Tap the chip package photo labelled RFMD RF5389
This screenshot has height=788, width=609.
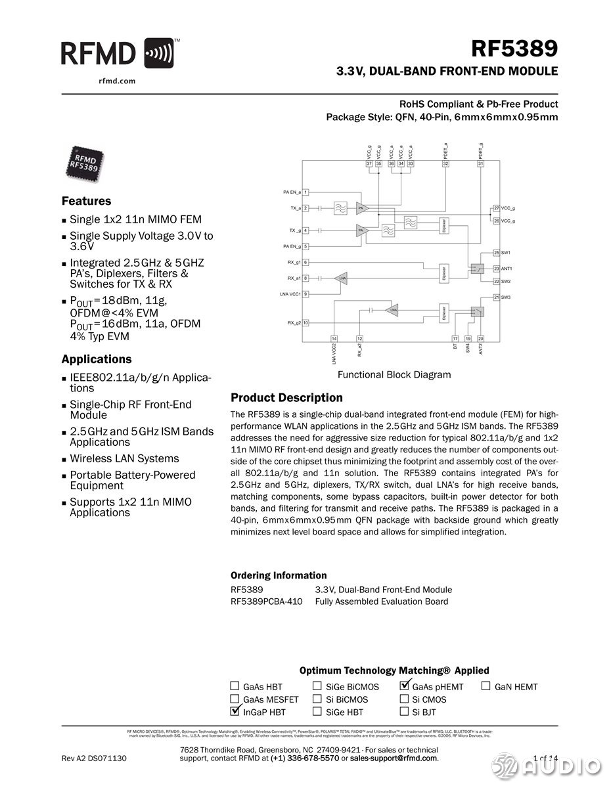pos(85,162)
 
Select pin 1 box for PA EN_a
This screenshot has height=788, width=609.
pos(305,192)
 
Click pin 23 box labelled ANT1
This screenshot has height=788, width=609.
pos(497,268)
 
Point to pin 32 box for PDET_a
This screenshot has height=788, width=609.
pos(445,164)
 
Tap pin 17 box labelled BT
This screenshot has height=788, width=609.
pos(455,338)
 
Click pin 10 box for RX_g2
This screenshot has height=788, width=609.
pos(305,322)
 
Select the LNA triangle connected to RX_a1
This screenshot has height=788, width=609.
pos(340,278)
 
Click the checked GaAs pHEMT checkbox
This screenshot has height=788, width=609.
pos(405,686)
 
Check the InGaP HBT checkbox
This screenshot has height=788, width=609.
pos(235,711)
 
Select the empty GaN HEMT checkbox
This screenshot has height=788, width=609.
pos(486,686)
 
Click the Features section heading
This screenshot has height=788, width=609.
pos(86,201)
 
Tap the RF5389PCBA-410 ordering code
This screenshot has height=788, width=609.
pos(267,602)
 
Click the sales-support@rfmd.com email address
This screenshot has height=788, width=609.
pos(393,758)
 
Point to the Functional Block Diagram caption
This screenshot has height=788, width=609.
pos(394,375)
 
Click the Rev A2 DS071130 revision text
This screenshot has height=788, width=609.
pos(94,758)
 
